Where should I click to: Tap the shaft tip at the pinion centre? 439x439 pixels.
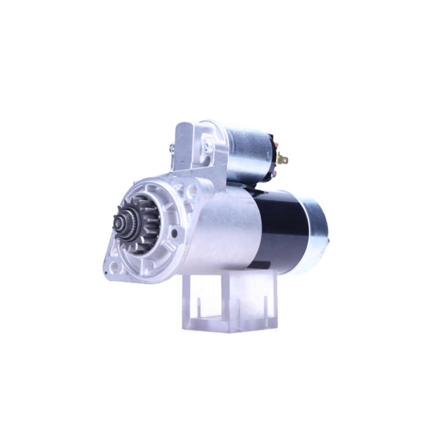[119, 223]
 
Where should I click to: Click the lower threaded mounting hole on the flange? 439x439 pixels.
[114, 266]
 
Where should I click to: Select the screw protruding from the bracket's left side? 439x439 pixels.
[172, 149]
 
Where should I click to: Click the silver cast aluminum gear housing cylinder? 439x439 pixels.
[224, 233]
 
